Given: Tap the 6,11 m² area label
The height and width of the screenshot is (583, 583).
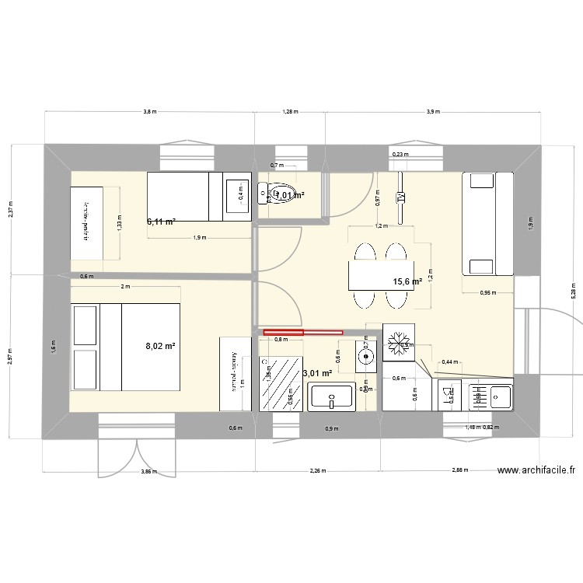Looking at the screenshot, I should click(x=161, y=222).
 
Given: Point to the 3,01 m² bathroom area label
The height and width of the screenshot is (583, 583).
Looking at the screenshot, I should click(x=317, y=374).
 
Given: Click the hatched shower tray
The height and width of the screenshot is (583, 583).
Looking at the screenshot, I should click(x=279, y=384).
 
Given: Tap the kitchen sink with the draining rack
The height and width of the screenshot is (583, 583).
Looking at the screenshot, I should click(x=490, y=396).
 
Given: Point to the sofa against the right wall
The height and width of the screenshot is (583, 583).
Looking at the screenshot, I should click(x=488, y=224).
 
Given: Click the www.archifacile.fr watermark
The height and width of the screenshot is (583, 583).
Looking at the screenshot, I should click(x=536, y=470).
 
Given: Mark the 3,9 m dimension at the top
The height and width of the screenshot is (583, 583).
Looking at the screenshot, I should click(x=433, y=113).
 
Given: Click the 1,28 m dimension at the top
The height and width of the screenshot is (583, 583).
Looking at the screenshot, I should click(x=290, y=113).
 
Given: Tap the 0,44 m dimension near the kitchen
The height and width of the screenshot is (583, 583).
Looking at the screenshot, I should click(x=449, y=362).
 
